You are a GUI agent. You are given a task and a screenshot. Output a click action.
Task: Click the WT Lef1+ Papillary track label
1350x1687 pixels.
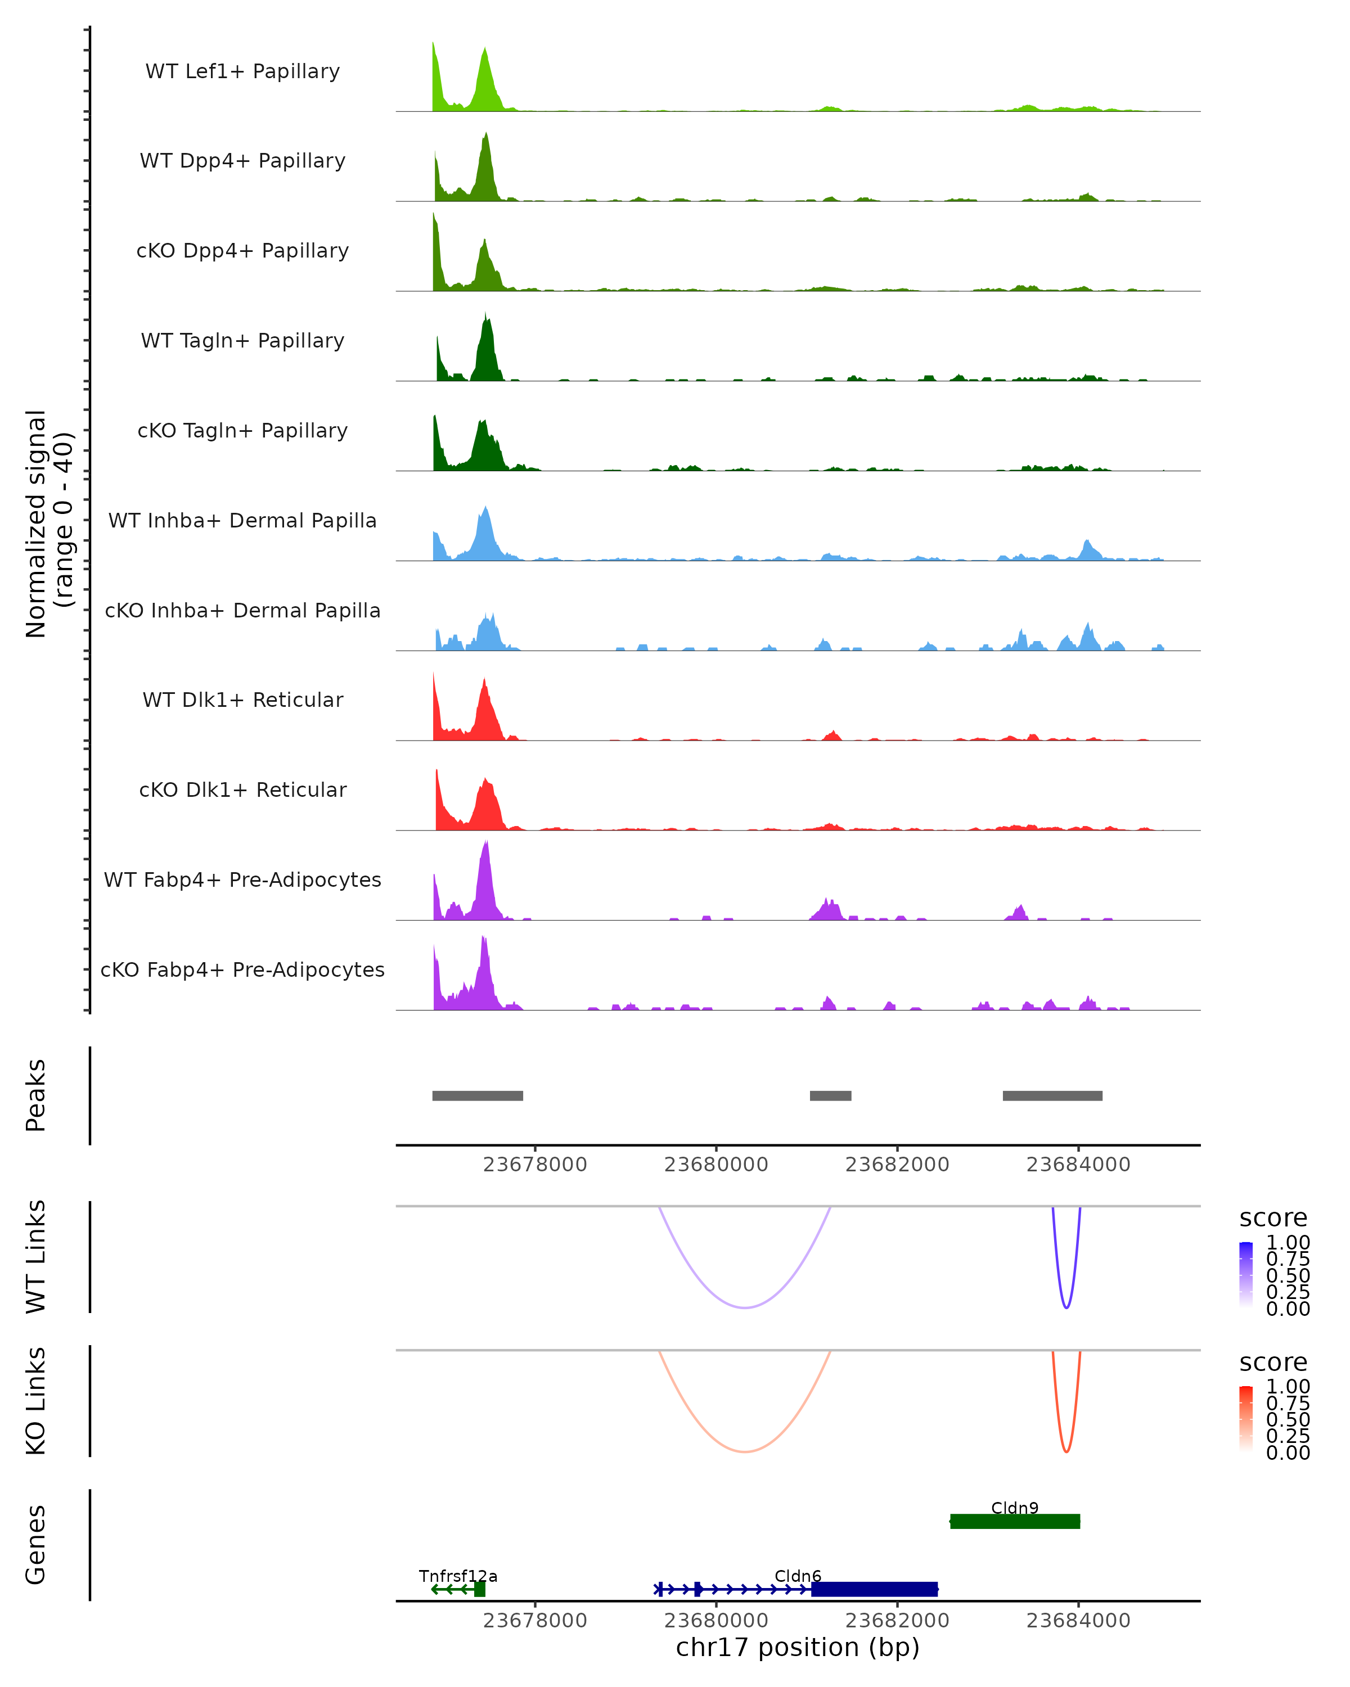pos(242,71)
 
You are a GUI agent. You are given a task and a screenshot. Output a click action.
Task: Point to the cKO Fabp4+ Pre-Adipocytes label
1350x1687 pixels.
pos(242,969)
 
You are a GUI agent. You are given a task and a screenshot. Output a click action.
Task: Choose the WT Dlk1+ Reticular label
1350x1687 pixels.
pos(242,700)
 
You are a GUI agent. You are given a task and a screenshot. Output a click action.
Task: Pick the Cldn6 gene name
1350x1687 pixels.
pos(798,1576)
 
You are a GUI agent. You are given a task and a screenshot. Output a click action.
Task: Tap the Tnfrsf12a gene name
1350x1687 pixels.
pos(458,1576)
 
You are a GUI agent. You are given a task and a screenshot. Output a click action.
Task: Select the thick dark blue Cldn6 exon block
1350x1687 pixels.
pos(874,1589)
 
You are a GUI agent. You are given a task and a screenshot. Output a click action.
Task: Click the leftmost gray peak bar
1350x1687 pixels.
pos(478,1095)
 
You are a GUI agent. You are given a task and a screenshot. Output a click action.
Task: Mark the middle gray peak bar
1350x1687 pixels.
pos(830,1095)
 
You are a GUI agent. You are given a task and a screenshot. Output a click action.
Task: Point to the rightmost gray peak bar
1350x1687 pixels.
pos(1052,1095)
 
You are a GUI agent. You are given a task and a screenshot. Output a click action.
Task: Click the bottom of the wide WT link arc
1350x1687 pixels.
pos(745,1307)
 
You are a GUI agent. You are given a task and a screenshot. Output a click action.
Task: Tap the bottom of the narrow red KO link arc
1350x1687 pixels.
pos(1066,1451)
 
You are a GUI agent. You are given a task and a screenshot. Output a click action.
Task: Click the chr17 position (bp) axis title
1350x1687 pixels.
pos(798,1647)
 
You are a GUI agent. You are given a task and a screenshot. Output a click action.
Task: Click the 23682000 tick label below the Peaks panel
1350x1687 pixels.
pos(897,1165)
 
